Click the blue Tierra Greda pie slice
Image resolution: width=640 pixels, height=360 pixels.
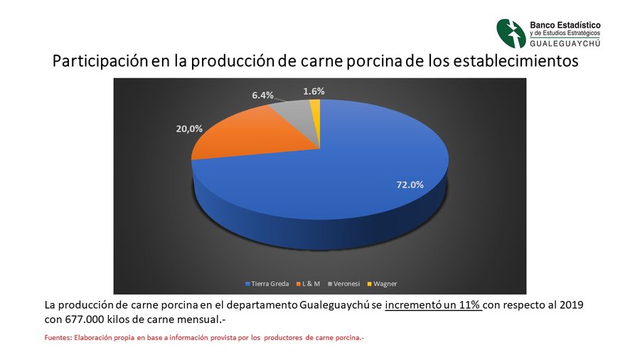point(347,179)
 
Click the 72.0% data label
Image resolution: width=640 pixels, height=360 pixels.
point(410,185)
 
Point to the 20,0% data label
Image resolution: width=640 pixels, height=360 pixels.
point(189,129)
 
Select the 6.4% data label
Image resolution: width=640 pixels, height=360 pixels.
point(262,95)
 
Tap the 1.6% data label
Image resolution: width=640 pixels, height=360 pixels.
point(314,92)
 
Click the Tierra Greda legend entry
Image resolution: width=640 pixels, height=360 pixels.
point(267,284)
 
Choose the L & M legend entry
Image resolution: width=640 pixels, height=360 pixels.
point(308,284)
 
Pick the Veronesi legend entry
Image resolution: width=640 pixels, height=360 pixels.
point(343,284)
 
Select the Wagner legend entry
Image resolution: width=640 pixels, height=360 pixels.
point(382,284)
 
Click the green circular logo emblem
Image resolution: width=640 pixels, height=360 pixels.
point(511,33)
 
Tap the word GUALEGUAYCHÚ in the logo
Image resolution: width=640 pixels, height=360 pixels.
point(565,43)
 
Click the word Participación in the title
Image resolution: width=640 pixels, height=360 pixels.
point(100,61)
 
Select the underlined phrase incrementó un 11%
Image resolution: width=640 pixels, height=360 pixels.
point(434,305)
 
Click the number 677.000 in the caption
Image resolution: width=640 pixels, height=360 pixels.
point(85,319)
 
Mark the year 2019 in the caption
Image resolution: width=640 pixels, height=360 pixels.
point(571,305)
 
